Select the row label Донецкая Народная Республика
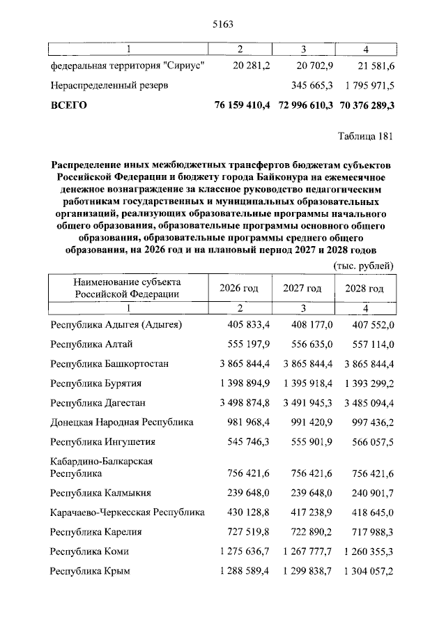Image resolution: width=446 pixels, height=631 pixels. [x=122, y=422]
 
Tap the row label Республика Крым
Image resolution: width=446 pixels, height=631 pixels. [x=91, y=570]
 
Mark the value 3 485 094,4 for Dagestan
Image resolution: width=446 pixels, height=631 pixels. [x=363, y=403]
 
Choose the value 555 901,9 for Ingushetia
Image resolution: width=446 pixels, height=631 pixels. [x=309, y=441]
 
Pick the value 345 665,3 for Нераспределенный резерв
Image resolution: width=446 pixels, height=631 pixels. [x=309, y=85]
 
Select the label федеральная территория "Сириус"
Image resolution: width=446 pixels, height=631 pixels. [x=127, y=66]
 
